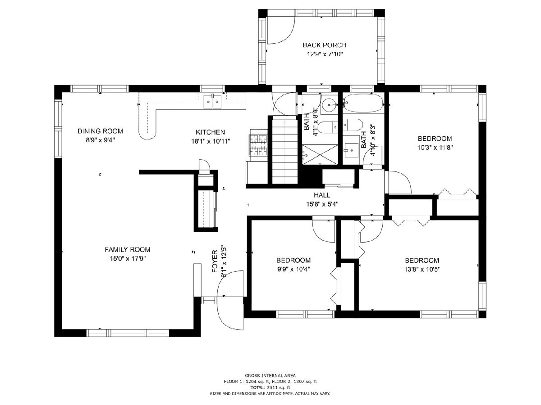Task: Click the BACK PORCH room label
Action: click(324, 45)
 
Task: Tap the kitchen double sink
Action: click(212, 101)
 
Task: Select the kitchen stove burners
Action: click(258, 145)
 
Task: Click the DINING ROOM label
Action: click(100, 131)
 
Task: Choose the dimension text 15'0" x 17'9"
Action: click(128, 259)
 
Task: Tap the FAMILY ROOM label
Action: click(128, 250)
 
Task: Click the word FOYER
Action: click(215, 261)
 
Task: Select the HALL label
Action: click(322, 195)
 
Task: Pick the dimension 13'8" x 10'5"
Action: click(422, 269)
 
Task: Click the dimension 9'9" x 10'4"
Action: click(293, 269)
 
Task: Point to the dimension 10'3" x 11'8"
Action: click(435, 148)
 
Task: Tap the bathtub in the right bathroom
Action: click(363, 103)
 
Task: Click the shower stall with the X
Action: click(320, 154)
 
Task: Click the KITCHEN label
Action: click(210, 132)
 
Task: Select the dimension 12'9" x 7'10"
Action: click(325, 54)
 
